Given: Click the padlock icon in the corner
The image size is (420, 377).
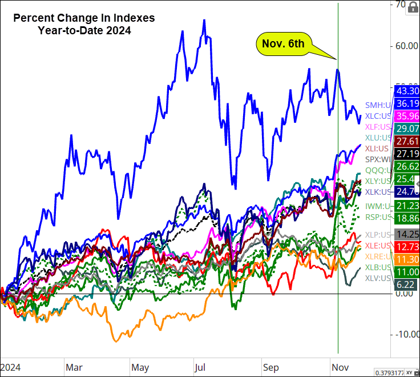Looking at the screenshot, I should tap(412, 7).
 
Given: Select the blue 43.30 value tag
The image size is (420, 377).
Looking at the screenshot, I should tap(407, 91).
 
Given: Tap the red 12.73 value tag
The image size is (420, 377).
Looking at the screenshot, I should tap(407, 247).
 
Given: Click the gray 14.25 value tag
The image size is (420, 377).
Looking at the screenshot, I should tap(407, 234).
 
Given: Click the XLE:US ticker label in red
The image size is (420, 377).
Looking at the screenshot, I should tap(378, 246).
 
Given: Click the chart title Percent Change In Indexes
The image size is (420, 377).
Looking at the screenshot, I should tap(84, 18).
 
